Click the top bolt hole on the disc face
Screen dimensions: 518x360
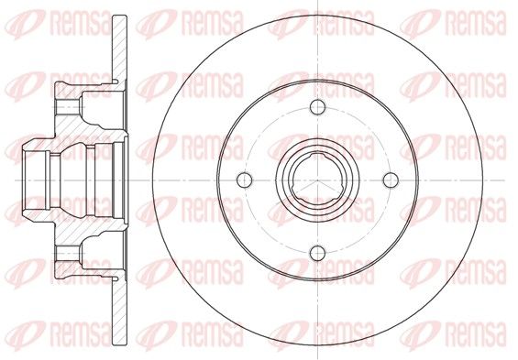coord(317,107)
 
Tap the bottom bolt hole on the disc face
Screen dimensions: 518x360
coord(317,253)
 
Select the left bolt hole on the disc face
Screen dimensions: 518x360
coord(245,180)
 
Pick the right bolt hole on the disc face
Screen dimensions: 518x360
coord(391,180)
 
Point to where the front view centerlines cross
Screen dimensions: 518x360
coord(317,180)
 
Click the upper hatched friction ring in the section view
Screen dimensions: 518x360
coord(119,49)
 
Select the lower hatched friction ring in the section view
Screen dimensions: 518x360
coord(119,311)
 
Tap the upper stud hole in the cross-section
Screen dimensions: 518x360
coord(68,107)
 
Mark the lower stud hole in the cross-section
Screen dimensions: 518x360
coord(68,253)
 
